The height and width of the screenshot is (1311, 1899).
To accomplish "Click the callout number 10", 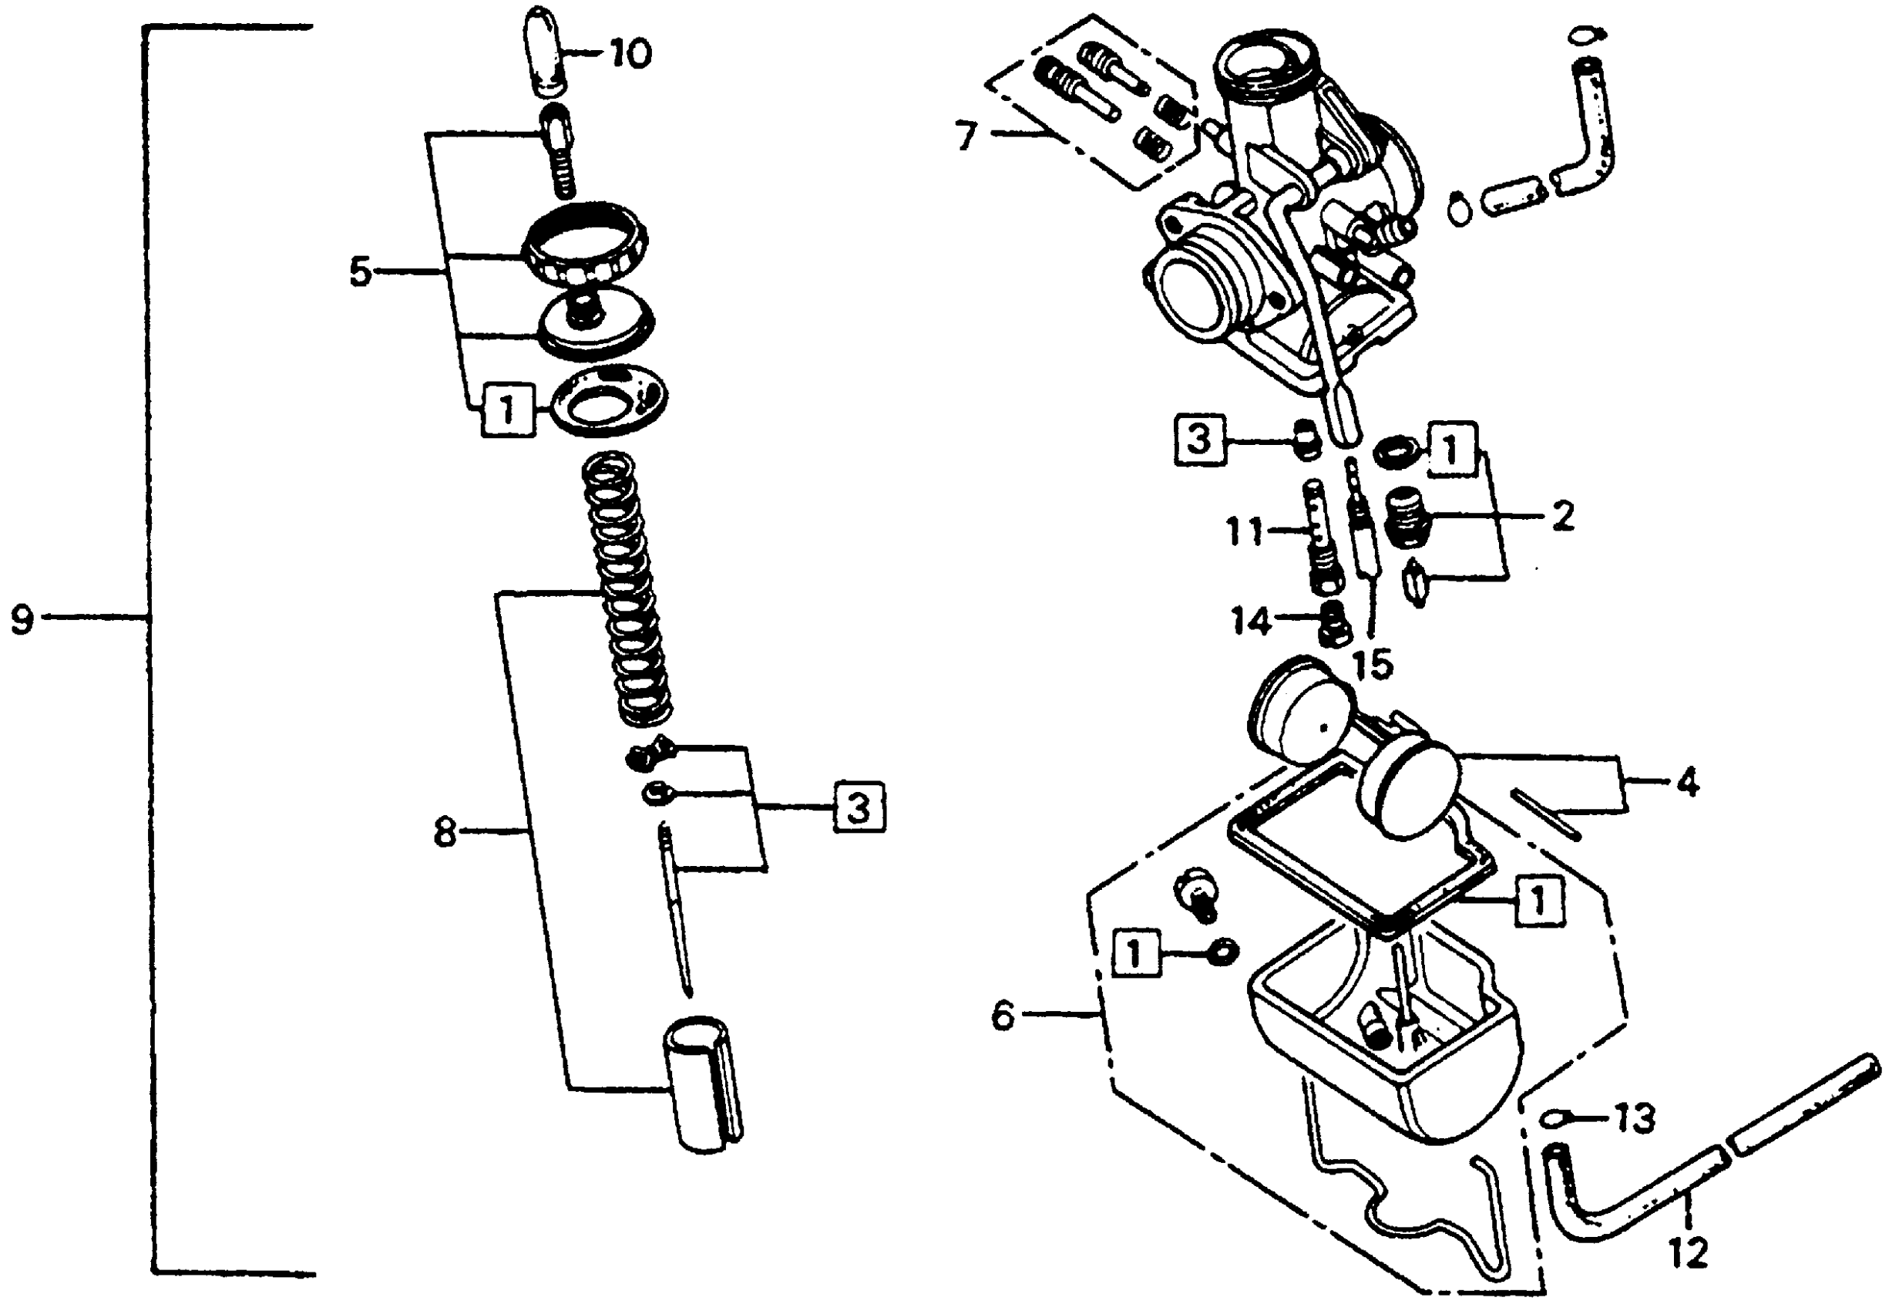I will (x=630, y=53).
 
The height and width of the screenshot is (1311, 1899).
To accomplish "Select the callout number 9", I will (x=22, y=618).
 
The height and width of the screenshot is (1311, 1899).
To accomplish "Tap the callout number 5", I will (x=361, y=272).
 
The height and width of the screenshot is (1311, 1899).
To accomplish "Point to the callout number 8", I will (x=444, y=833).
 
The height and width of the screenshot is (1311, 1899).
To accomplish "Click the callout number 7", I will (x=967, y=134).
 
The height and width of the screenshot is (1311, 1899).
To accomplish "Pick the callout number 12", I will (x=1688, y=1252).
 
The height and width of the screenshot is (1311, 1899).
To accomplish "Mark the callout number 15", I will (x=1373, y=664).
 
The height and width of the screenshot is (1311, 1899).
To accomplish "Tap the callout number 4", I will (x=1687, y=783).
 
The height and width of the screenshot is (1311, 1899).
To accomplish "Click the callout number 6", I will (x=1003, y=1016).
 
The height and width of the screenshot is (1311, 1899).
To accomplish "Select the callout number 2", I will (x=1563, y=517).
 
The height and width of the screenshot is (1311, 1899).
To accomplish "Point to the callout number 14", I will (x=1250, y=620).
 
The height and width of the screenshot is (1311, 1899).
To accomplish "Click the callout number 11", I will (x=1244, y=531).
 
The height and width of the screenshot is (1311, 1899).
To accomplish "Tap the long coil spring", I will (x=627, y=591).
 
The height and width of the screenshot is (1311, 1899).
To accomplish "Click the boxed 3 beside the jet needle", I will (x=859, y=808).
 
